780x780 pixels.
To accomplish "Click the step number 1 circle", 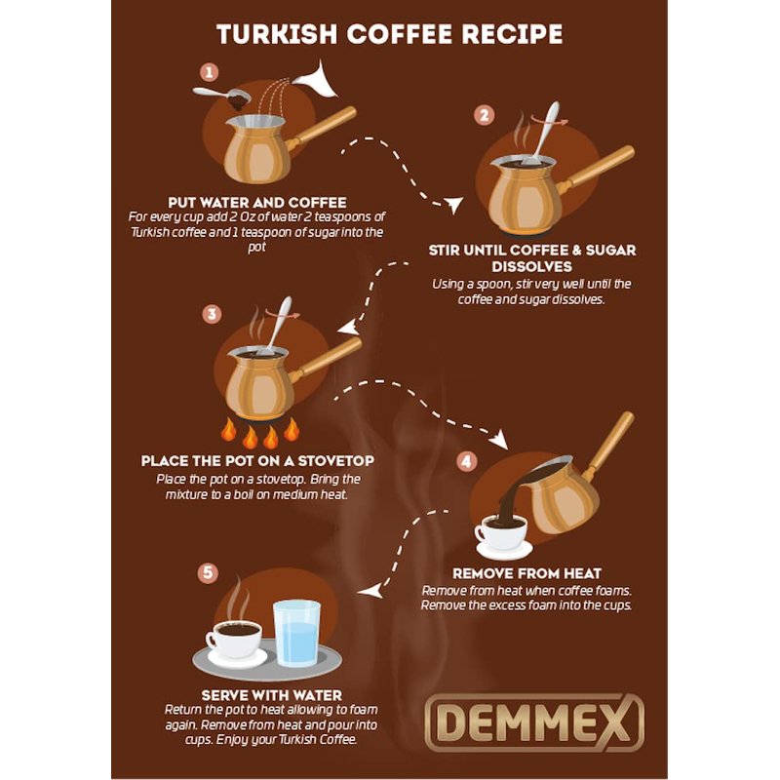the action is click(209, 72).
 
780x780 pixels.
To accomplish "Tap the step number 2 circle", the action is click(484, 115).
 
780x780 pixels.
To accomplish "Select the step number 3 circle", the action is click(213, 314).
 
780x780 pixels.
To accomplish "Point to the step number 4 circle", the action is click(467, 461).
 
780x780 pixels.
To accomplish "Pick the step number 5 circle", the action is click(208, 572).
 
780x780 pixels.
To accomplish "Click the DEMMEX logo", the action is click(534, 721).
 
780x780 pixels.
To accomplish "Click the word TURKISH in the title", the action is click(277, 34).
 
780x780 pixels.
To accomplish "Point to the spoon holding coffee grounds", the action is click(223, 97).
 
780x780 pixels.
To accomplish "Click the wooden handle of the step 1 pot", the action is click(323, 129).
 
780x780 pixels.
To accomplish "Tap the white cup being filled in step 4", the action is click(501, 533).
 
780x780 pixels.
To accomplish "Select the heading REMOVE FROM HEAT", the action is click(526, 573).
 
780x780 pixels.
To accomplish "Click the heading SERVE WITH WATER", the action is click(272, 695).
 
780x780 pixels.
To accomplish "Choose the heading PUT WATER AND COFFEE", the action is click(257, 203).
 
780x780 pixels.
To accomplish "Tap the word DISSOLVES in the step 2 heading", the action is click(531, 266).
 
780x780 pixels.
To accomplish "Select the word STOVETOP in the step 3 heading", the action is click(335, 461).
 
